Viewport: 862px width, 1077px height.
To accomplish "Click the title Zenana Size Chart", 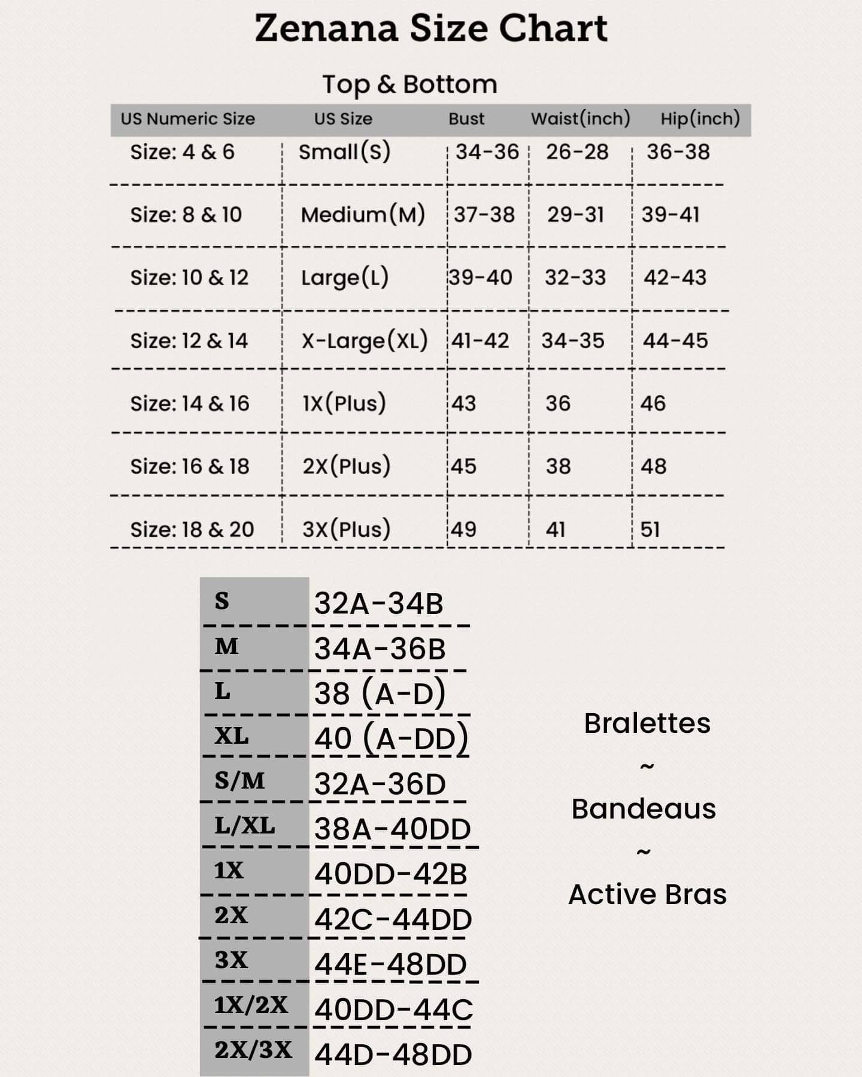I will pos(431,29).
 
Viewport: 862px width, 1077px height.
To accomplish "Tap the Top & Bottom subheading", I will pos(410,84).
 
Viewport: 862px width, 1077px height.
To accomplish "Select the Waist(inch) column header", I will pos(580,118).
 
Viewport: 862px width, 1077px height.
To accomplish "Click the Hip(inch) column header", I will pos(700,118).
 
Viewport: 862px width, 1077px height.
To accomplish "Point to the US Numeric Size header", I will pos(188,118).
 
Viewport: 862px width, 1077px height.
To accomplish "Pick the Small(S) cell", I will pos(344,152).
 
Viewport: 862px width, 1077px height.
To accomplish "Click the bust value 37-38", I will pos(484,214).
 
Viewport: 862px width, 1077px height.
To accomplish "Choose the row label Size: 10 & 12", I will pos(189,277).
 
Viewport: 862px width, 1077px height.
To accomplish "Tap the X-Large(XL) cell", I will pos(365,340).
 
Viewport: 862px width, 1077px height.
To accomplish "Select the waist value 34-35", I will pos(573,340).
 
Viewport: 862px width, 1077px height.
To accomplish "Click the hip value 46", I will pos(652,403).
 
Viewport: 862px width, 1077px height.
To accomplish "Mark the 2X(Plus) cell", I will pos(346,466).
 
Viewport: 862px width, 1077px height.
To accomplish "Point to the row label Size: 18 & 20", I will pos(192,529).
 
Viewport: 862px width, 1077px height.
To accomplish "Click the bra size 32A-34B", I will pos(379,603).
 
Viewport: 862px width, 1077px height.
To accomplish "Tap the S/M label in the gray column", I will pos(239,780).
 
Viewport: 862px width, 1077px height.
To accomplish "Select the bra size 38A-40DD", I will pos(393,829).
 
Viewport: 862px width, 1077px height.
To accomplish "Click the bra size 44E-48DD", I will pos(390,965).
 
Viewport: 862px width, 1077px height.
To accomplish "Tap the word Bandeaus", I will pos(644,809).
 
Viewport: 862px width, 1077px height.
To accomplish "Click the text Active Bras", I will pos(647,895).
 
